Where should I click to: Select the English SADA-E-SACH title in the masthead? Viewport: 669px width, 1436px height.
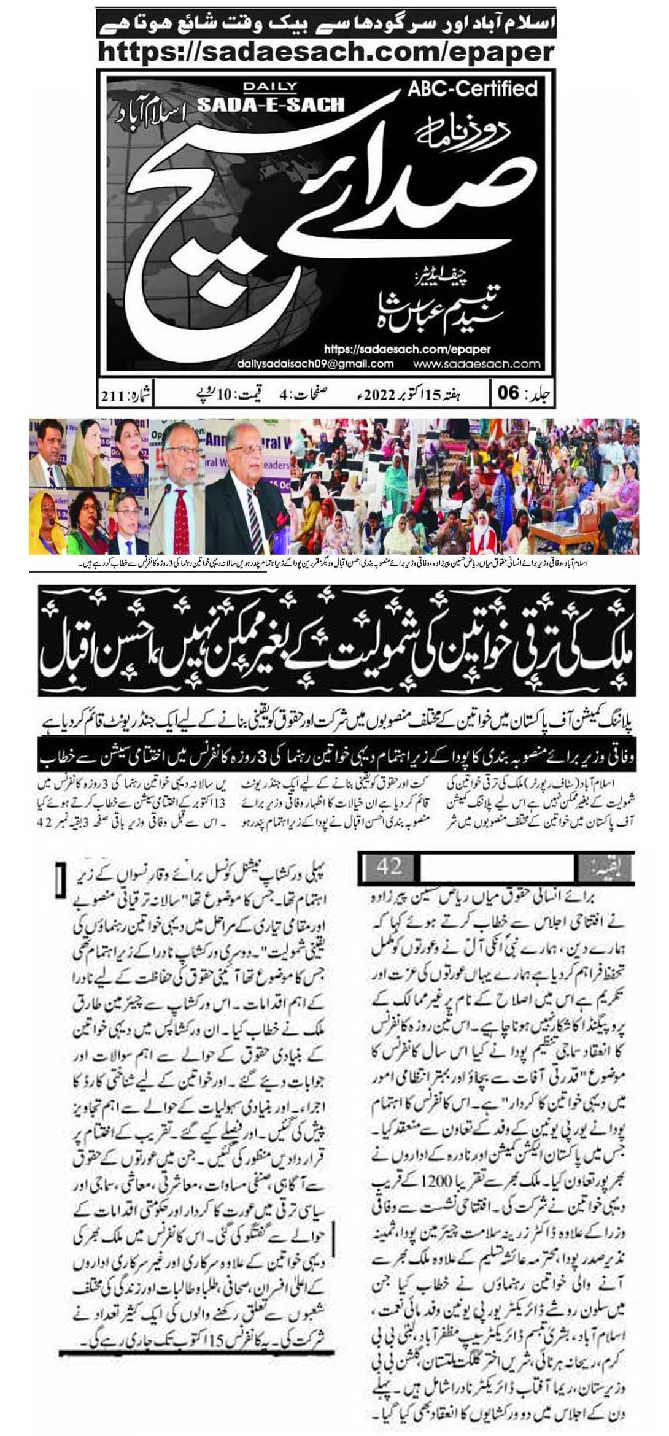[x=271, y=104]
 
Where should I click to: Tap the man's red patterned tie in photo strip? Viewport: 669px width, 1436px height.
[x=182, y=513]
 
